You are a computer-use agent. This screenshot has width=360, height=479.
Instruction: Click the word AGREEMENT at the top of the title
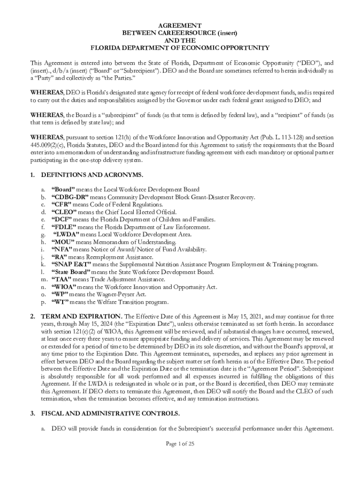click(180, 25)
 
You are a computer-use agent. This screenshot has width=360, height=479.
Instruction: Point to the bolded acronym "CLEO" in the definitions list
click(64, 212)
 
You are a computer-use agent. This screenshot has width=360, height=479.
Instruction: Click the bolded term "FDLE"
click(64, 227)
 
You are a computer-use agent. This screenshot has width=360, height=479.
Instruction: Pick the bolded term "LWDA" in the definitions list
click(66, 234)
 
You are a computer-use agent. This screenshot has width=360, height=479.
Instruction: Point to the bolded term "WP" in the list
click(60, 294)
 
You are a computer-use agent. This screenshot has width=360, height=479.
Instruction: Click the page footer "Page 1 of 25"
click(180, 444)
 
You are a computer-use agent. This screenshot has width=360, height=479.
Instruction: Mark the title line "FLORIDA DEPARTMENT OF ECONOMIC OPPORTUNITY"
click(180, 48)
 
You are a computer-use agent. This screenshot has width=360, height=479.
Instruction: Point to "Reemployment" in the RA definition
click(103, 257)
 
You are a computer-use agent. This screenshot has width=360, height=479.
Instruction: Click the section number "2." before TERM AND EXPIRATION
click(33, 317)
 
